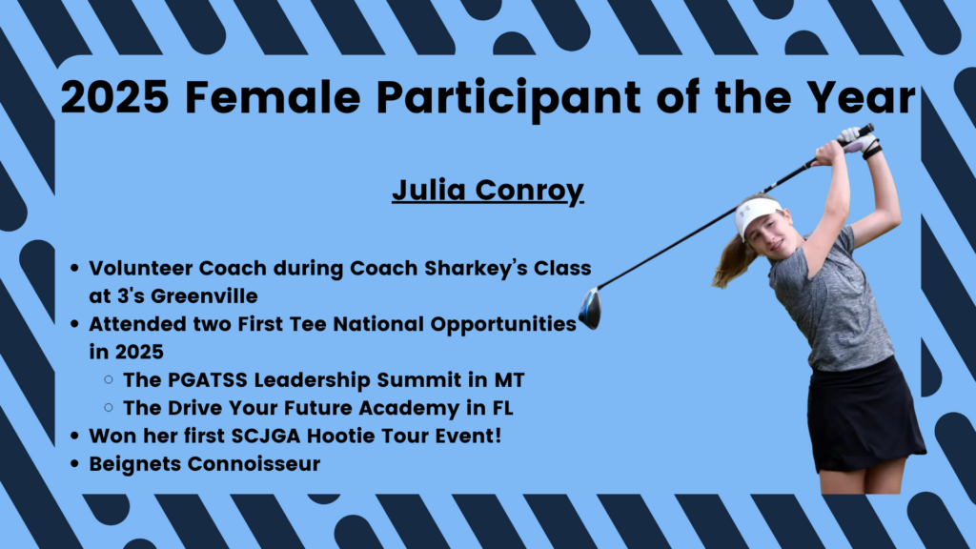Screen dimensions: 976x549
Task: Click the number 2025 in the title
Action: tap(114, 97)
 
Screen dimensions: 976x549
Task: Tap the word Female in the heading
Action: tap(273, 97)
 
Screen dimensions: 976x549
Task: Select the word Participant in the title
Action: tap(509, 99)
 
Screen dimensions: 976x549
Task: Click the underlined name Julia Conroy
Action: tap(488, 191)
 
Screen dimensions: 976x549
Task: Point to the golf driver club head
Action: tap(590, 308)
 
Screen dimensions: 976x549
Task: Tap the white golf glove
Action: tap(857, 139)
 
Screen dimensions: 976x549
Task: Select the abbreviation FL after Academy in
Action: tap(503, 408)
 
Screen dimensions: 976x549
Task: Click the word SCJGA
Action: tap(266, 436)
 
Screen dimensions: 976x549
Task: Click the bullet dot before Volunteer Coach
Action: tap(74, 268)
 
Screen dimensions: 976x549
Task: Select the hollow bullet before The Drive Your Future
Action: tap(109, 408)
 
